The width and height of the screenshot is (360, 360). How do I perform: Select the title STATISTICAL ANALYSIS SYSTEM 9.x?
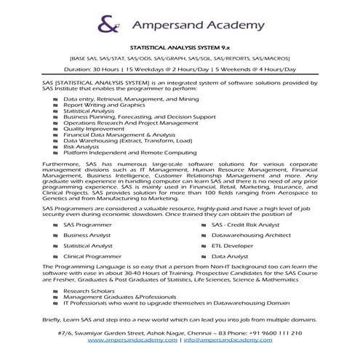click(x=180, y=46)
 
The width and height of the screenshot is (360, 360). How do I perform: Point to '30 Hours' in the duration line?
click(x=126, y=69)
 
